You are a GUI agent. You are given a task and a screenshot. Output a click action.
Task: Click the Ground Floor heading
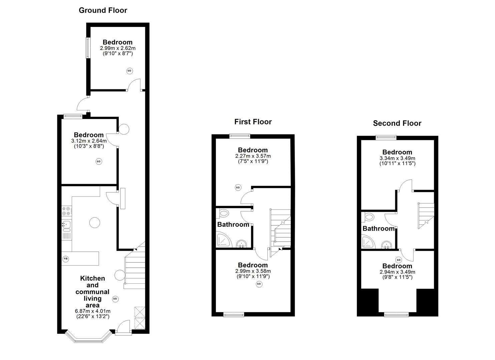103,10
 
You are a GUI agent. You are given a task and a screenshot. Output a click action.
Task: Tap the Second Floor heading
397,123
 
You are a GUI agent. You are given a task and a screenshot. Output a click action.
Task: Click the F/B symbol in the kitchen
65,259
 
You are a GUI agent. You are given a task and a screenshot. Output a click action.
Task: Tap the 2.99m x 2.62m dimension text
117,48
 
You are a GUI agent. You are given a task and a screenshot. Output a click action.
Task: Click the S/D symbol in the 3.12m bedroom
98,161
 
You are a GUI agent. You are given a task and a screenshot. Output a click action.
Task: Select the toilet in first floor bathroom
223,213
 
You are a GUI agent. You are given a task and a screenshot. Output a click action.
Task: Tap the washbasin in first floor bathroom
241,244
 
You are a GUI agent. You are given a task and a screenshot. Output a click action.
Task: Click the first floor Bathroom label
233,225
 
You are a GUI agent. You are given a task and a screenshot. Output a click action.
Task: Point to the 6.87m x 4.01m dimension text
92,311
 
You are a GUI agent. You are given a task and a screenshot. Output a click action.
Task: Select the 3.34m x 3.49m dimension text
397,158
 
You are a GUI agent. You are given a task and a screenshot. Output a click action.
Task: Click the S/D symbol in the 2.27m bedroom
238,188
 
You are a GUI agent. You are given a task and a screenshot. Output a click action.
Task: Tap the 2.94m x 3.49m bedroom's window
396,314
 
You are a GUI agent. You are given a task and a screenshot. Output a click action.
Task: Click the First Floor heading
253,122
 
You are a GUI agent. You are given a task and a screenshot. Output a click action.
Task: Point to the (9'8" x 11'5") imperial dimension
397,277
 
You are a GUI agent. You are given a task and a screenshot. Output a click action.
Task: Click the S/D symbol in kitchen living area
115,299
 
